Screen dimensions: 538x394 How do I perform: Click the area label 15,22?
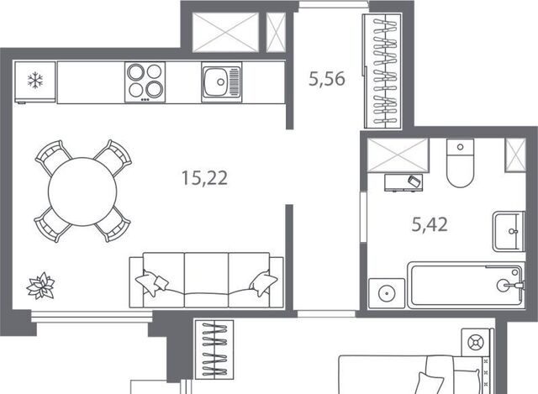204,178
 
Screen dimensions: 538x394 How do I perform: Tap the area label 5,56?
327,79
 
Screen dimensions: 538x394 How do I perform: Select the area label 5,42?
430,225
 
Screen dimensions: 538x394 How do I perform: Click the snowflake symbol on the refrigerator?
35,81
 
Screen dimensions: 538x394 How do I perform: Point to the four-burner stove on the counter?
145,82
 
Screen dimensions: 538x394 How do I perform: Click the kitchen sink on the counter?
222,82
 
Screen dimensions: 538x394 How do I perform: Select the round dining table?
82,192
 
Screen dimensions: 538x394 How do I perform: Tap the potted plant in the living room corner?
40,286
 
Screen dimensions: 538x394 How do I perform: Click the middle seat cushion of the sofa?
206,280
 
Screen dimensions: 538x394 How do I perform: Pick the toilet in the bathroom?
460,163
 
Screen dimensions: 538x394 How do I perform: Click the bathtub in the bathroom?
466,286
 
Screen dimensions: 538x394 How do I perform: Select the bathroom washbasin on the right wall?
509,232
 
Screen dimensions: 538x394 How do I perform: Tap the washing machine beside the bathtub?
387,293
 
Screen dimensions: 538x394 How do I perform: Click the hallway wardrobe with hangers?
382,71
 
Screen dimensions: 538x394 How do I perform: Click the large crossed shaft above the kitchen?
225,33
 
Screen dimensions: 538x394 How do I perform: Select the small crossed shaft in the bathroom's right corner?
515,155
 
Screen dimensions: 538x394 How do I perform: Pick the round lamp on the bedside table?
477,342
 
